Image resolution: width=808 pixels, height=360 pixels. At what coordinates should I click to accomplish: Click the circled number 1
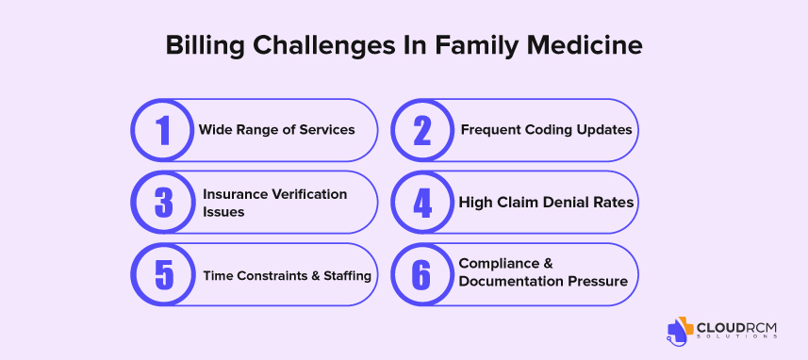(x=162, y=130)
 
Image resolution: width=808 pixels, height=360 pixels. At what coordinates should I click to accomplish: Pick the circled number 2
(x=422, y=130)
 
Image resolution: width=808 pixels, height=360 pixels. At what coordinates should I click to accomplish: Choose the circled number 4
(x=422, y=203)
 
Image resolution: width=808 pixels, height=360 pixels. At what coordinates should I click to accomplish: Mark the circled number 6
(x=422, y=274)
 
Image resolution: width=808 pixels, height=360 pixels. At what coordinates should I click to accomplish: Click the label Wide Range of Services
(x=277, y=130)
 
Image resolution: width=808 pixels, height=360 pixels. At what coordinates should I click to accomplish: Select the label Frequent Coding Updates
(x=546, y=130)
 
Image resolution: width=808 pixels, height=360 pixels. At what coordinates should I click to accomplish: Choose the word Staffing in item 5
(x=347, y=275)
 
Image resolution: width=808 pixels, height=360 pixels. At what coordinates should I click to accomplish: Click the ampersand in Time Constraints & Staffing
(x=316, y=275)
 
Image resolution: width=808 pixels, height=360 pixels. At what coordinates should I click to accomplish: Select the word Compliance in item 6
(x=500, y=263)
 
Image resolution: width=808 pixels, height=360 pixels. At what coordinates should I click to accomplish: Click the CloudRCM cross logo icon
(x=680, y=329)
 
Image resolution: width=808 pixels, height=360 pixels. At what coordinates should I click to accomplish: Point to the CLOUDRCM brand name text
(x=736, y=328)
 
